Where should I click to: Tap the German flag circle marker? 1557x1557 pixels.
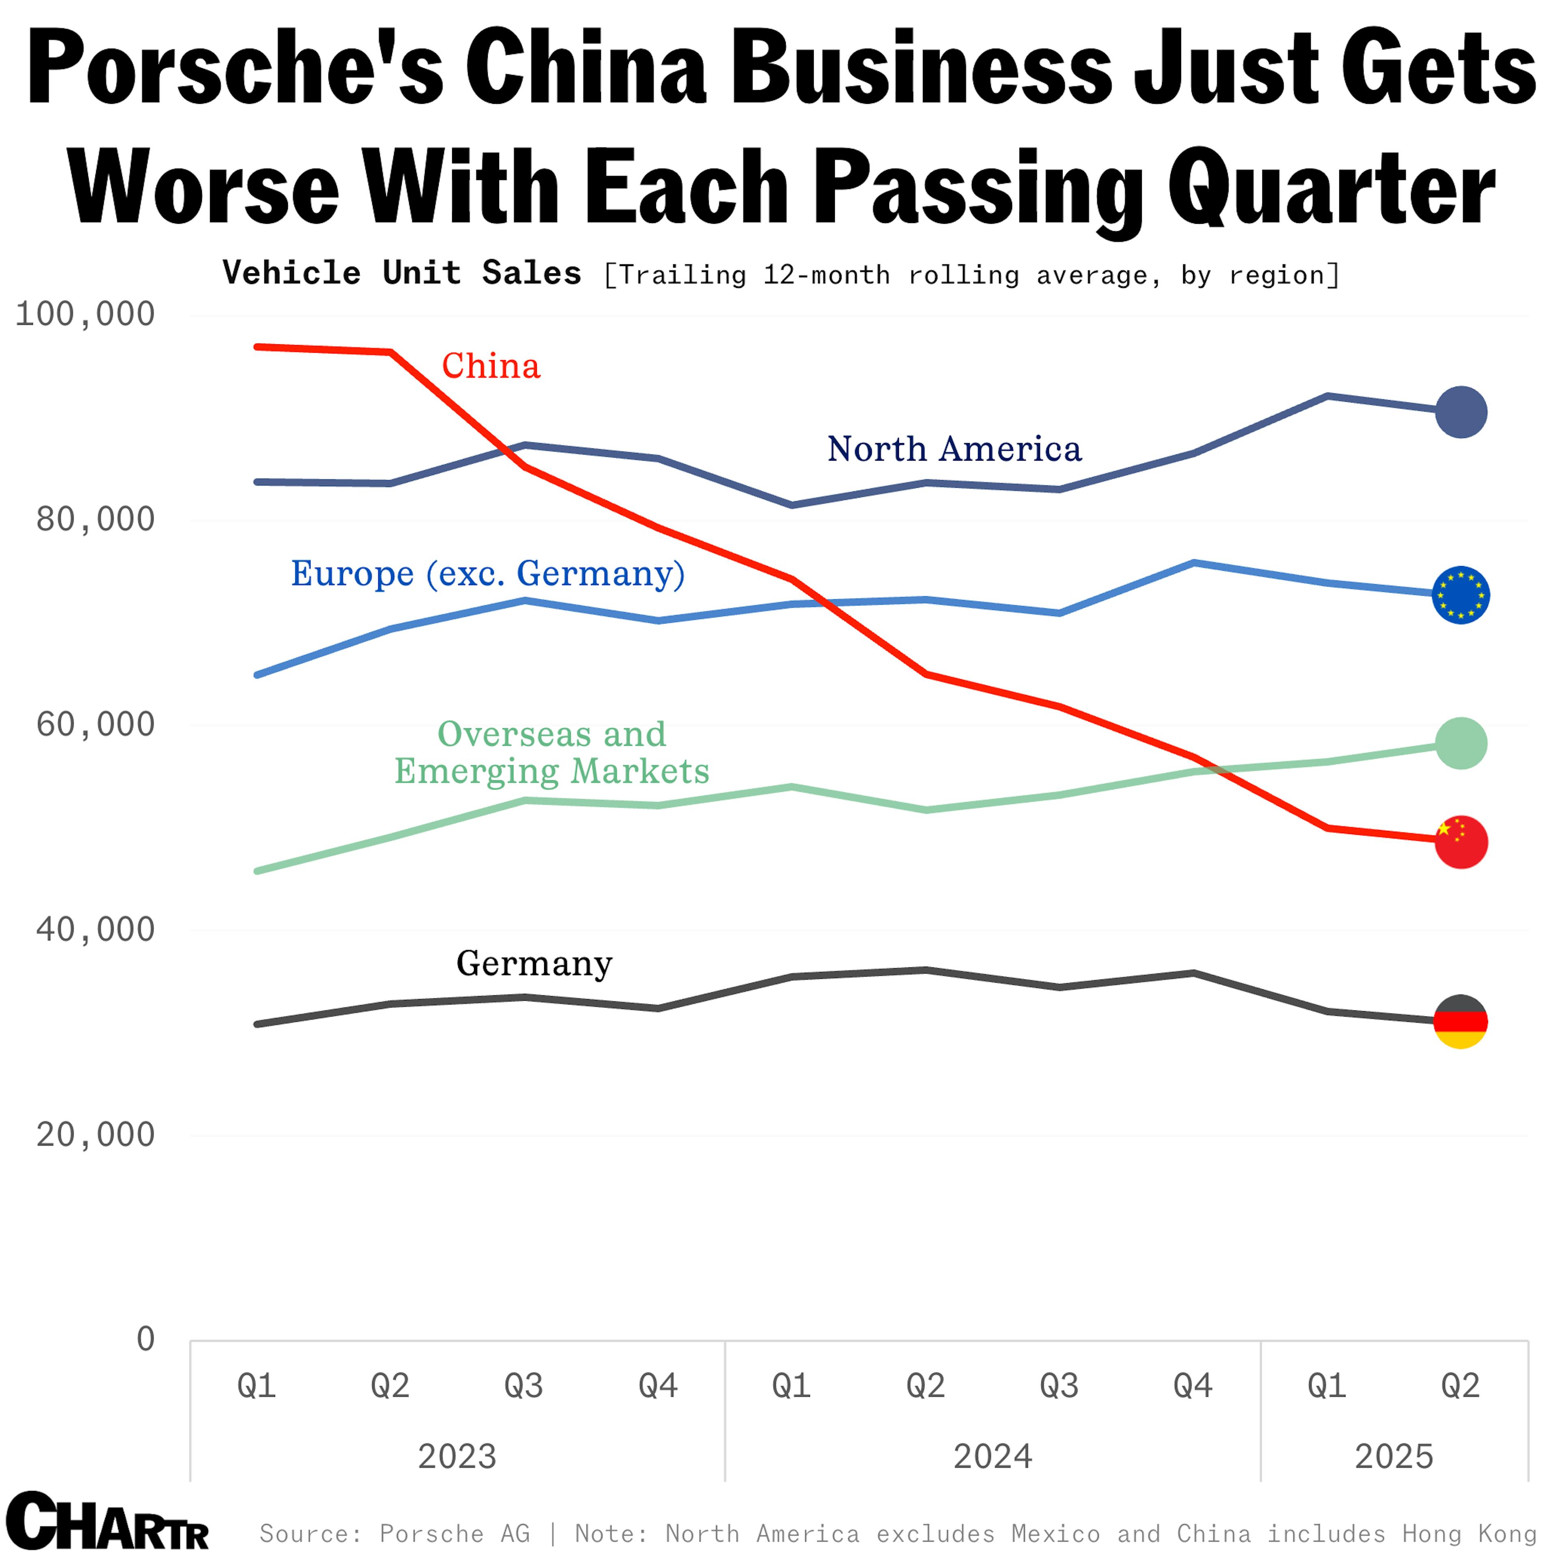pos(1460,1021)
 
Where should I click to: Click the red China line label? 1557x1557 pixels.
pos(491,367)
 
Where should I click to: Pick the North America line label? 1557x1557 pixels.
pos(954,449)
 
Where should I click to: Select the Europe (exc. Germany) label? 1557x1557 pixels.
pos(487,574)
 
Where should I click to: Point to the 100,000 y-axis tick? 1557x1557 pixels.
pos(85,313)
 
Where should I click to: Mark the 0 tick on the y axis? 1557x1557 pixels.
pos(145,1338)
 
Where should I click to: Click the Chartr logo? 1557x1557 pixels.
pos(107,1521)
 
